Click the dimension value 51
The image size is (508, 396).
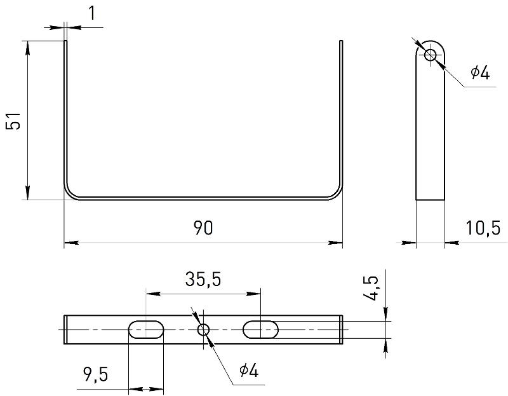click(x=13, y=121)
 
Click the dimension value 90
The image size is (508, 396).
click(x=203, y=228)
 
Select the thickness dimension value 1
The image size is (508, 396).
click(x=92, y=13)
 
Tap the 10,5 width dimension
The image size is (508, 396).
click(x=483, y=228)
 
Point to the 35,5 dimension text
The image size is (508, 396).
click(x=203, y=279)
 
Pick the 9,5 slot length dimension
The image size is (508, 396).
click(x=96, y=374)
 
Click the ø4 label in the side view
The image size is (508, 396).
click(x=480, y=72)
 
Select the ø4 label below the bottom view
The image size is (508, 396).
click(x=249, y=371)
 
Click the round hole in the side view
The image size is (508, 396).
click(x=431, y=55)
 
